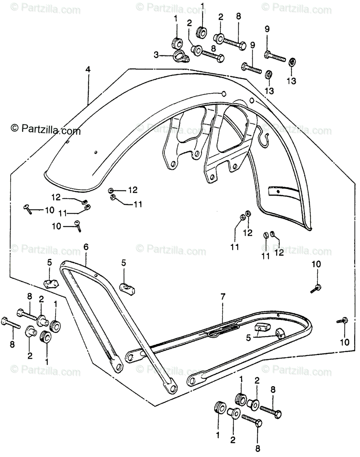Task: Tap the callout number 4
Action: click(88, 70)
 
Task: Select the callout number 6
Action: click(86, 247)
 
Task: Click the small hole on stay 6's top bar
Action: click(97, 275)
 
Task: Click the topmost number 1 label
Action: click(202, 6)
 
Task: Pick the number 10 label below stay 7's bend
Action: click(344, 342)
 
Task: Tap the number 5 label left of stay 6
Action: click(49, 262)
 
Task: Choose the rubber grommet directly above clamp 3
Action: click(176, 40)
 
